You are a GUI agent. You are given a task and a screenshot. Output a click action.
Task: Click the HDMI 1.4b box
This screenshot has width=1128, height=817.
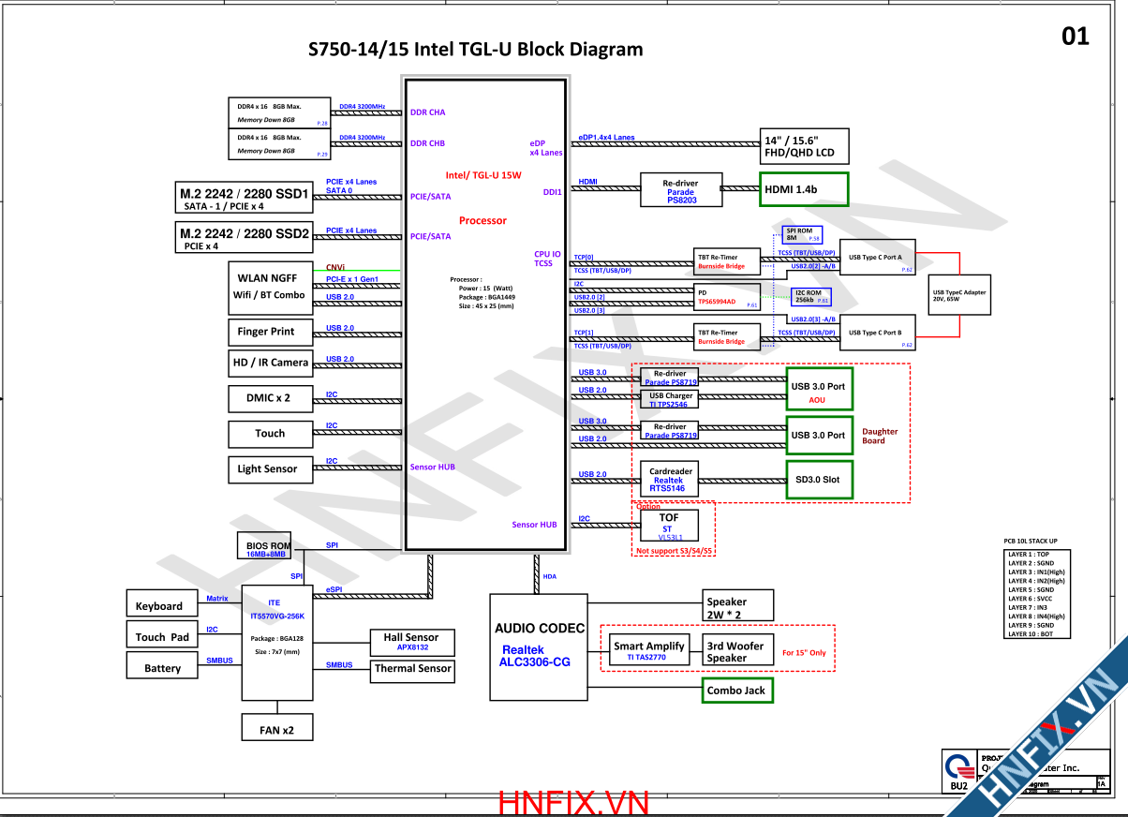tap(802, 189)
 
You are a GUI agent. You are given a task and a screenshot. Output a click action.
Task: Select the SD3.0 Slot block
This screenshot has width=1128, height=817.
tap(818, 480)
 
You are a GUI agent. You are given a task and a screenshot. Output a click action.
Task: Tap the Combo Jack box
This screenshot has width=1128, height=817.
tap(738, 691)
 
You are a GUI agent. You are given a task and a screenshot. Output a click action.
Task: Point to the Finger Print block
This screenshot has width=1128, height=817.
tap(266, 332)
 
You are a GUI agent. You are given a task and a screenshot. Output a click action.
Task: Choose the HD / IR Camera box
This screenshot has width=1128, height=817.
tap(270, 363)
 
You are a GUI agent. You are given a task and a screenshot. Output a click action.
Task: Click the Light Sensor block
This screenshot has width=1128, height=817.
tap(267, 469)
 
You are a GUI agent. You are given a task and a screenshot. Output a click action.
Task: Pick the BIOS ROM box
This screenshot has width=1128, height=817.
tap(267, 548)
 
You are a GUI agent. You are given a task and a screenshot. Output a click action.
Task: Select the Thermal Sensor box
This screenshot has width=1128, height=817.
tap(412, 669)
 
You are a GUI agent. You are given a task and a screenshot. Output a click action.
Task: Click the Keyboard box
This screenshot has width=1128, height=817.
tap(160, 605)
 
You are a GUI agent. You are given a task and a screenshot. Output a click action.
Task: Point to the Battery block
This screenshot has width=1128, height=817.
tap(162, 667)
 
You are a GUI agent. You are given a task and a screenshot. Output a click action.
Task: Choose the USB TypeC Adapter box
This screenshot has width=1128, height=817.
tap(959, 295)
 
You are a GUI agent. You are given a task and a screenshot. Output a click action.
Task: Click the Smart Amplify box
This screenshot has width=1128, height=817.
tap(650, 650)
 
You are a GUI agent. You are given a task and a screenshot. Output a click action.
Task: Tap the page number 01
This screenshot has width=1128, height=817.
tap(1076, 37)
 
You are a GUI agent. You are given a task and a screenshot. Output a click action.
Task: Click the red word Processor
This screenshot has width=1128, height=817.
tap(482, 221)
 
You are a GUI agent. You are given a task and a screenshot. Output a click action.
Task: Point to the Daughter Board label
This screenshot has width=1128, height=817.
tap(879, 437)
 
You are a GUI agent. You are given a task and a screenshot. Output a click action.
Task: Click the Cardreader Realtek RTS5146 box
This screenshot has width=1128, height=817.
tap(669, 480)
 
